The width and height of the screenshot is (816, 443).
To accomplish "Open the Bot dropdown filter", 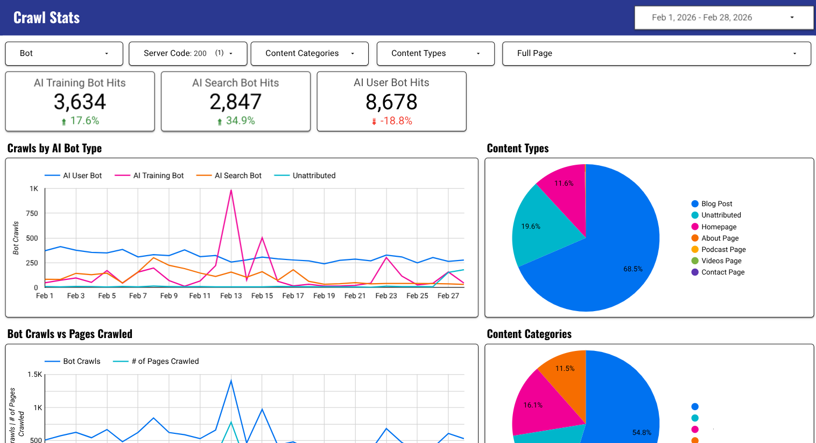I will pyautogui.click(x=64, y=53).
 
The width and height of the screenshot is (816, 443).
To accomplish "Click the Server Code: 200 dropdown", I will pyautogui.click(x=188, y=53).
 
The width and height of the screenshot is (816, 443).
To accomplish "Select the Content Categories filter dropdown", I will pyautogui.click(x=309, y=53).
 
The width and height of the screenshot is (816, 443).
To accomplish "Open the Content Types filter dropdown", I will pyautogui.click(x=435, y=53).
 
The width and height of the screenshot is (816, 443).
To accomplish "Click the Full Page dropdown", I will pyautogui.click(x=656, y=53).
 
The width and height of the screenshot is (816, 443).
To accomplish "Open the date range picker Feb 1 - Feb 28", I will pyautogui.click(x=723, y=17).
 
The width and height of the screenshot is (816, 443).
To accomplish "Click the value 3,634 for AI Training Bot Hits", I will pyautogui.click(x=80, y=102).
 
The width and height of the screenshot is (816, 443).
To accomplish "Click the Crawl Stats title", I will pyautogui.click(x=46, y=18).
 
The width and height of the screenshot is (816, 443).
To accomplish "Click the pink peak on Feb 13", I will pyautogui.click(x=231, y=190).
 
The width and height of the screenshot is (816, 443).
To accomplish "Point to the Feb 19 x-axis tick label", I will pyautogui.click(x=324, y=296).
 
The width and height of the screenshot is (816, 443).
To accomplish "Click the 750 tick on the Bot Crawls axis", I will pyautogui.click(x=32, y=213).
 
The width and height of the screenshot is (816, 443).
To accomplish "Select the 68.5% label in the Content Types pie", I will pyautogui.click(x=633, y=269).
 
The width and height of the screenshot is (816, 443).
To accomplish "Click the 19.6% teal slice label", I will pyautogui.click(x=531, y=226).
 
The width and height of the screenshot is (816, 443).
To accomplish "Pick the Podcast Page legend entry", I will pyautogui.click(x=723, y=249).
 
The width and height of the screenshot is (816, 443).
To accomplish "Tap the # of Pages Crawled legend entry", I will pyautogui.click(x=165, y=361).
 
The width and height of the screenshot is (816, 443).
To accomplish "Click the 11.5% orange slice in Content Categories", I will pyautogui.click(x=565, y=368).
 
